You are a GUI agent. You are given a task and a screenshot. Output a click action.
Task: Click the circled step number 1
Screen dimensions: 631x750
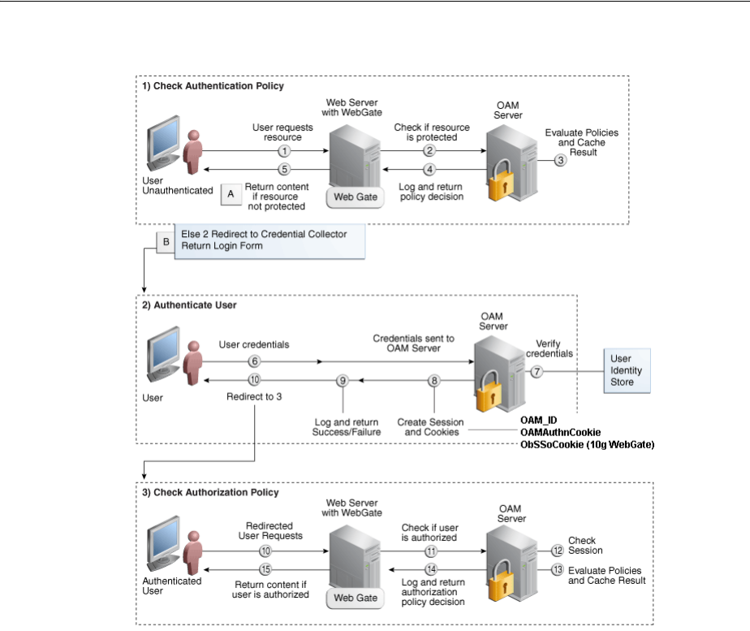click(283, 151)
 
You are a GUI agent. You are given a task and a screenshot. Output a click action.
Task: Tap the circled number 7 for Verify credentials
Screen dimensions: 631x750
click(536, 370)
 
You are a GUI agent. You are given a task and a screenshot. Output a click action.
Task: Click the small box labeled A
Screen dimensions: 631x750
click(230, 194)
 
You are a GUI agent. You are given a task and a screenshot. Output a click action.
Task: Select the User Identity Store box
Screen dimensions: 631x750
click(626, 370)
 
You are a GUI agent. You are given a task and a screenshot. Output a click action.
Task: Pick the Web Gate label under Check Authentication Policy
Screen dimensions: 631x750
click(356, 197)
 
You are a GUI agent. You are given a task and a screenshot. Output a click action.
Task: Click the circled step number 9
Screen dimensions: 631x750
click(343, 380)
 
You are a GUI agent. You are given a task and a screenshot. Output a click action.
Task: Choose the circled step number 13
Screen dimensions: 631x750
click(557, 570)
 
